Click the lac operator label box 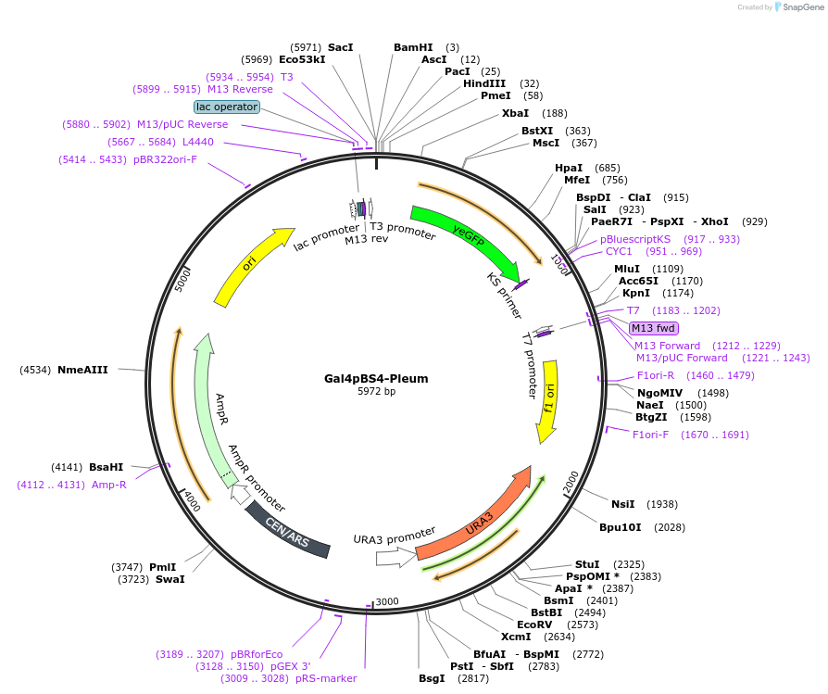tap(227, 107)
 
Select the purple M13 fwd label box tap(653, 328)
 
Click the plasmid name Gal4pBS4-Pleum tap(376, 378)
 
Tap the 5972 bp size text tap(376, 392)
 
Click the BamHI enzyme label tap(413, 46)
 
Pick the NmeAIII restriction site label tap(82, 370)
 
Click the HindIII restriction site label tap(486, 83)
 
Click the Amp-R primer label tap(109, 485)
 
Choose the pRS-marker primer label tap(326, 678)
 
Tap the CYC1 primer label tap(619, 251)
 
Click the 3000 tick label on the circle tap(387, 601)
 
